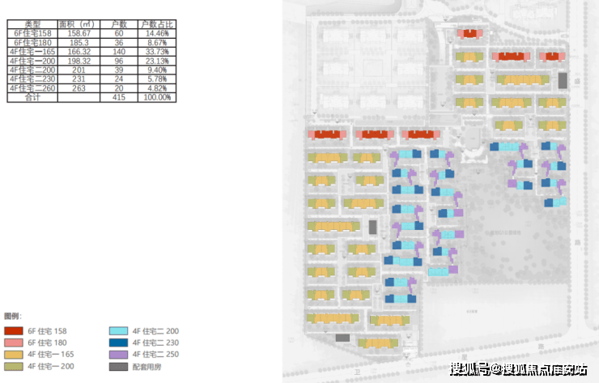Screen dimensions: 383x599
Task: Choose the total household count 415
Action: point(117,97)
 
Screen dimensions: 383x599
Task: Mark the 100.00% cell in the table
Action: point(156,97)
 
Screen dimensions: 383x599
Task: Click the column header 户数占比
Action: point(156,24)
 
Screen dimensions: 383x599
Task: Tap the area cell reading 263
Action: point(79,88)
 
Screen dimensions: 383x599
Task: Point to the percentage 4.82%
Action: point(156,88)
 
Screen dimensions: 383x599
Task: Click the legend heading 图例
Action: point(13,316)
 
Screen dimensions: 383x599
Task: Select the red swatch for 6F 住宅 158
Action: point(13,331)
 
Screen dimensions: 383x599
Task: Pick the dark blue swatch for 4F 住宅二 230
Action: point(118,343)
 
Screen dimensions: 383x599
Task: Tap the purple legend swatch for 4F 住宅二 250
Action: point(118,355)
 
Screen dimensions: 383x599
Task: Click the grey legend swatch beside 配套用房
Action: point(118,367)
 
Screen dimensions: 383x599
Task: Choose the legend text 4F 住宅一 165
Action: point(51,355)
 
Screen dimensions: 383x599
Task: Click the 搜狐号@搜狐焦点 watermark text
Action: point(518,371)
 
